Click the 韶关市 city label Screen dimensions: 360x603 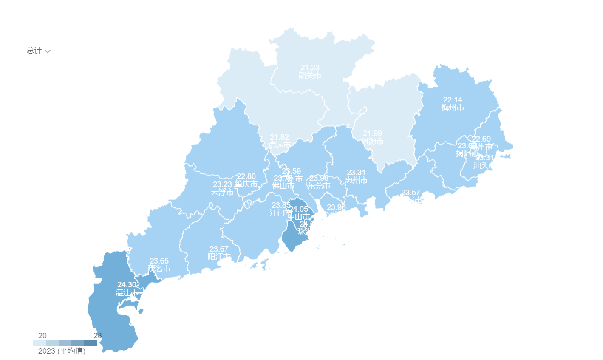click(x=310, y=75)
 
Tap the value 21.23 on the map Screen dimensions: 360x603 click(x=310, y=68)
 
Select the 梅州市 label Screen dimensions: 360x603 click(x=453, y=108)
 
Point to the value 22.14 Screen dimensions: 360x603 click(x=453, y=100)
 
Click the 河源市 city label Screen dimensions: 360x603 click(x=373, y=141)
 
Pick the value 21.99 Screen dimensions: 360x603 click(x=372, y=133)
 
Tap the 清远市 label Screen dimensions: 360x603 click(x=279, y=145)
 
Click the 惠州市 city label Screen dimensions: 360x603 click(x=356, y=180)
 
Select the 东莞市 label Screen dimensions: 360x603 click(x=319, y=186)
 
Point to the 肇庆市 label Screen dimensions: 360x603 click(x=246, y=184)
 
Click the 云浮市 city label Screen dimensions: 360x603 click(x=222, y=192)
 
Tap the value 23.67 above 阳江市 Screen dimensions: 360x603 click(x=219, y=249)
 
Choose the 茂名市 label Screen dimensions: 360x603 click(x=159, y=269)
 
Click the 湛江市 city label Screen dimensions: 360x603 click(x=127, y=292)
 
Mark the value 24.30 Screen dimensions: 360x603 click(x=127, y=285)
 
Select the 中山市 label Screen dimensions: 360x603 click(x=299, y=217)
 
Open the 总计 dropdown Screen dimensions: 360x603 click(x=38, y=51)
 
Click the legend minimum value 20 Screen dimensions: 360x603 click(x=42, y=336)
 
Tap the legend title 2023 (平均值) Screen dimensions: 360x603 click(x=62, y=351)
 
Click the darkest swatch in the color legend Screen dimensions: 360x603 click(x=91, y=343)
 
